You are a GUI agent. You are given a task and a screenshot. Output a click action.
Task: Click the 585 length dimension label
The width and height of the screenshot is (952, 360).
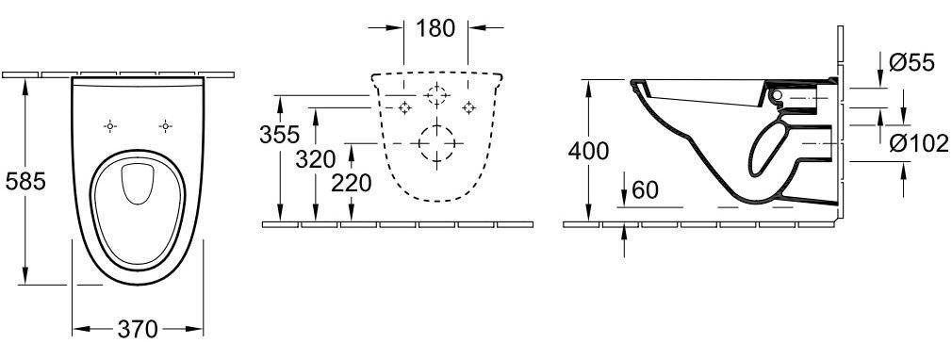click(25, 181)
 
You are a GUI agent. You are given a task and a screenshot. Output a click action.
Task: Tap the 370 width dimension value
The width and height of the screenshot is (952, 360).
click(138, 330)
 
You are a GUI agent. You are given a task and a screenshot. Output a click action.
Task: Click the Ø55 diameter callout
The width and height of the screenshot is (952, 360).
click(912, 64)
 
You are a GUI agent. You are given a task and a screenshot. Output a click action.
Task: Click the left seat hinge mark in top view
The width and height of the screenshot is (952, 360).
click(109, 125)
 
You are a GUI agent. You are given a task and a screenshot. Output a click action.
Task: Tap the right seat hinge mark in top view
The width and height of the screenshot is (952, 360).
click(165, 125)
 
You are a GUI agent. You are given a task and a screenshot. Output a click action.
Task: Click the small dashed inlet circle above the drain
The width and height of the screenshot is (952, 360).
click(435, 95)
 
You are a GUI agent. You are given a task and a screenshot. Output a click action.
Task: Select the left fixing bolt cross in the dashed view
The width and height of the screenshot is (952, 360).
click(403, 106)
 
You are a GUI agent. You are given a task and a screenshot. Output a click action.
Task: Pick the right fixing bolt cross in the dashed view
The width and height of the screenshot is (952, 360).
click(467, 106)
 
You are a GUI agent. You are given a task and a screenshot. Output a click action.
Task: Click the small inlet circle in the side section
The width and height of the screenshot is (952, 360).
click(779, 97)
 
